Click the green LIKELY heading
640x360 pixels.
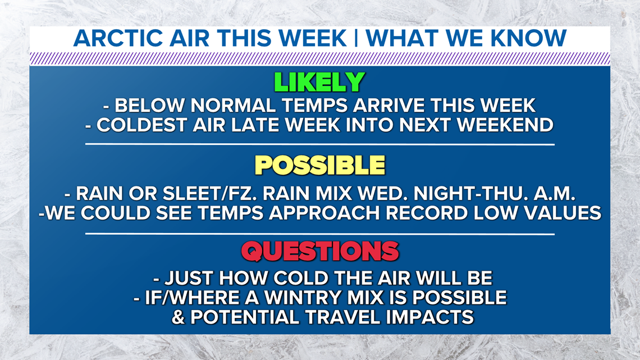(x=319, y=83)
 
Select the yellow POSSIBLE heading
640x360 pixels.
(x=320, y=165)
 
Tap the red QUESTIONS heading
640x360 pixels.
(x=320, y=251)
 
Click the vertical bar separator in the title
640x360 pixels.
(x=356, y=38)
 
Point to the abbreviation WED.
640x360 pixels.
(x=385, y=194)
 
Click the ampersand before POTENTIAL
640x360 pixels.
(x=178, y=317)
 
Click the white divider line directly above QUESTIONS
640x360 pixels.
(x=320, y=234)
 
